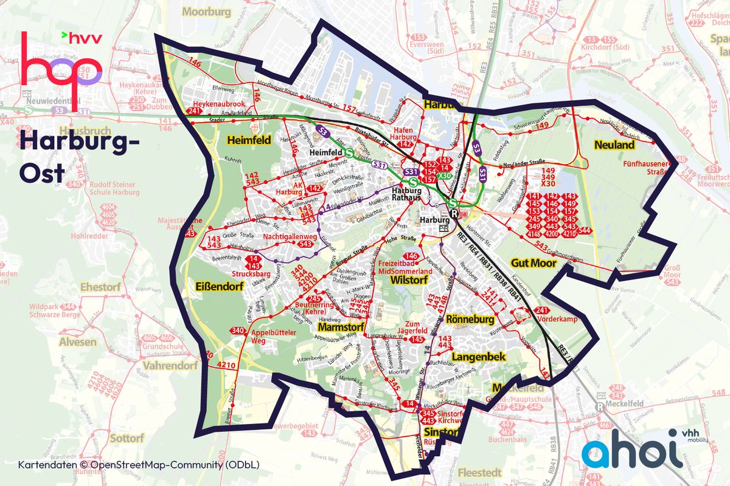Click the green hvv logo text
[85, 38]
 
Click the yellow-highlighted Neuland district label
[614, 145]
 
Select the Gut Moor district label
[534, 263]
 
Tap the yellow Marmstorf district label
[340, 327]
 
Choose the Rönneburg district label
[468, 319]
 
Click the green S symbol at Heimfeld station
[350, 154]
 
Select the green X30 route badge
[446, 176]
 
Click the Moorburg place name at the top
[207, 12]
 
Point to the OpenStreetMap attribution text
[139, 465]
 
